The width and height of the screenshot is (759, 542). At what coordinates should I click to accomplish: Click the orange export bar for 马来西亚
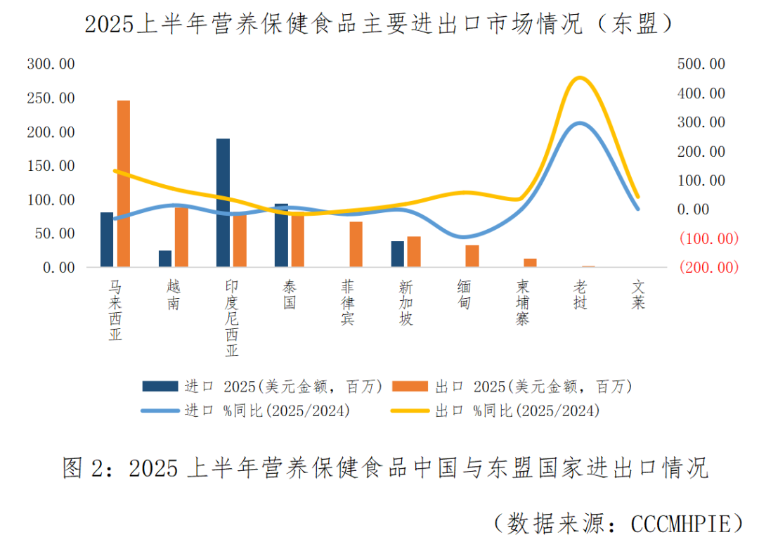[x=124, y=184]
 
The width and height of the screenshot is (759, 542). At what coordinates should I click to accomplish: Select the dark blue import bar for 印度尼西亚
[x=223, y=203]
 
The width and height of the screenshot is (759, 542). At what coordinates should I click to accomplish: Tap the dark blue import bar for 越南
[x=165, y=259]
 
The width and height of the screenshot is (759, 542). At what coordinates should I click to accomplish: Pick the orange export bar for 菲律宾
[x=356, y=245]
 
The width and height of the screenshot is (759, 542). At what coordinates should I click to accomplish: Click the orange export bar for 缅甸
[x=472, y=256]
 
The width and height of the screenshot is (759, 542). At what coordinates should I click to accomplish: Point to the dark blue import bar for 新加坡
[x=398, y=254]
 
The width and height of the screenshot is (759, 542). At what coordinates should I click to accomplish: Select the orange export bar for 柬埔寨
[x=530, y=263]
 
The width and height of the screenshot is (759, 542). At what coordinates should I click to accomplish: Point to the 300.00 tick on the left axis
[x=51, y=64]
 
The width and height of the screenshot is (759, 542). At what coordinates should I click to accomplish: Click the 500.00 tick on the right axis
[x=701, y=64]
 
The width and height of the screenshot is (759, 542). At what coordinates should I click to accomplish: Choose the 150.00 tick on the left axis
[x=51, y=166]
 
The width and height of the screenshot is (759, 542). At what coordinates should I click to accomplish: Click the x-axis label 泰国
[x=290, y=295]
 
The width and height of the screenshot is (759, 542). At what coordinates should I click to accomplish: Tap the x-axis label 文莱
[x=638, y=295]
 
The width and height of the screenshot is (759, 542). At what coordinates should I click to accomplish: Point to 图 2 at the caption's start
[x=84, y=467]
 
